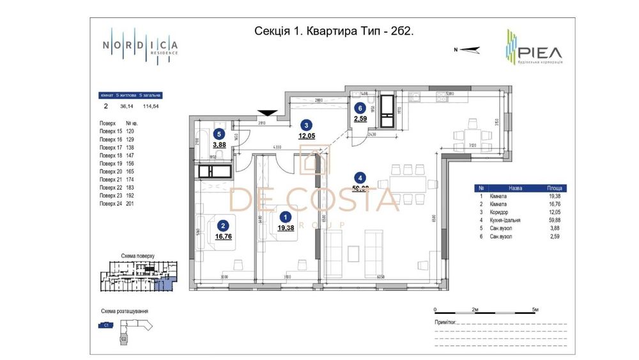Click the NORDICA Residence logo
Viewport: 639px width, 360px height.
tap(141, 47)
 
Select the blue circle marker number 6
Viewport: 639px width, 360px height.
tap(361, 109)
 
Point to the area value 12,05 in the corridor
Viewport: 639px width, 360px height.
tap(307, 136)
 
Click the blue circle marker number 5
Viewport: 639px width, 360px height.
tap(220, 134)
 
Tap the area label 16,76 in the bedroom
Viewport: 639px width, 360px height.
tap(223, 236)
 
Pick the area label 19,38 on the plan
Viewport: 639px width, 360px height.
tap(286, 228)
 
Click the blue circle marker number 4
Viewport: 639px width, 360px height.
tap(361, 178)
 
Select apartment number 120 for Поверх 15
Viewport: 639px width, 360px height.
tap(130, 130)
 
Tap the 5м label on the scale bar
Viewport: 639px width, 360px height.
tap(534, 309)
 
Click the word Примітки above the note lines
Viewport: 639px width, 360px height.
tap(446, 323)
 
